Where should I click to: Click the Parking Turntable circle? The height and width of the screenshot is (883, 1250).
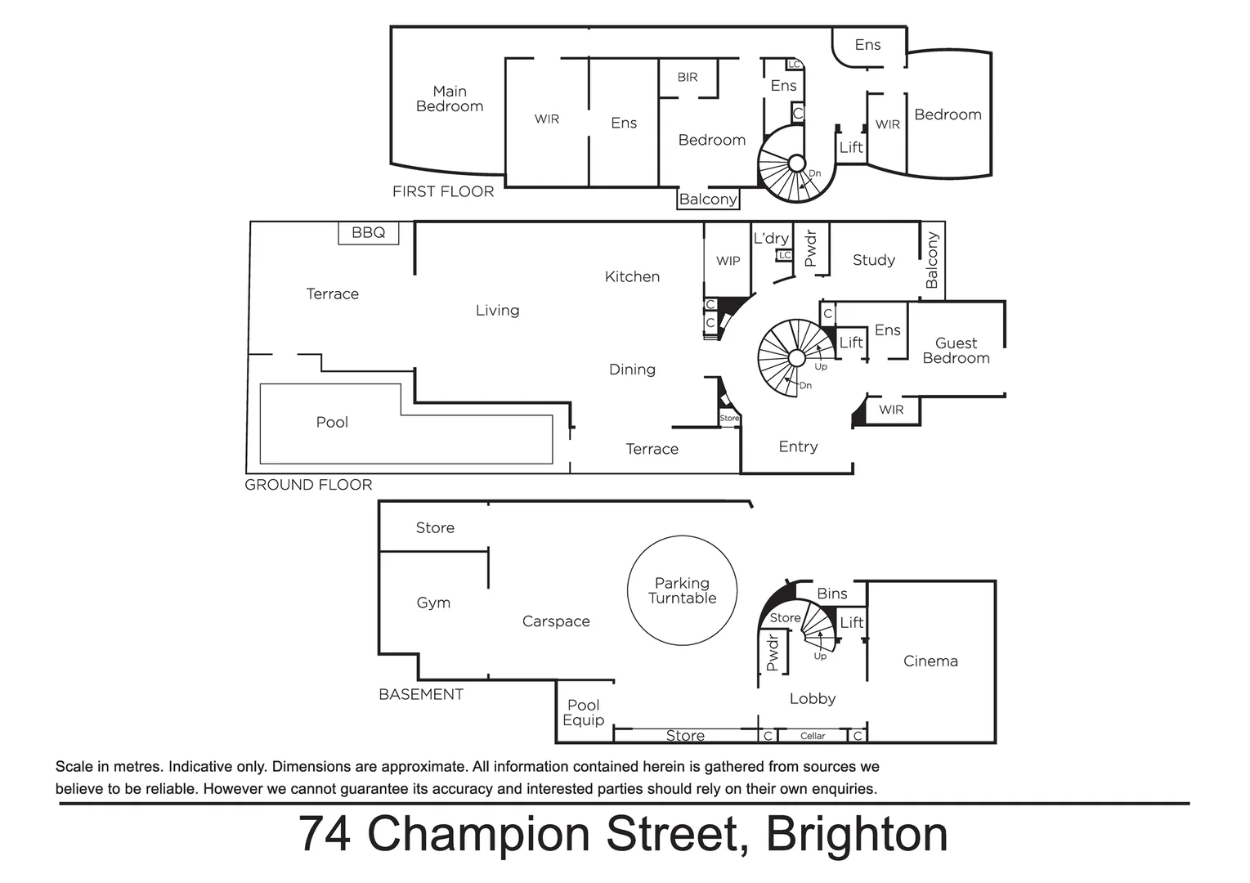682,590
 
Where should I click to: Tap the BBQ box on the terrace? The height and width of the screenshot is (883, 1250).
368,233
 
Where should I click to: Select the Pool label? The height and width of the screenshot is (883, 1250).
332,423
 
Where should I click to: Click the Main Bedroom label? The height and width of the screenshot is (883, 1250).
449,99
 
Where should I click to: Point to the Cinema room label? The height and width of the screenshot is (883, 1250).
930,661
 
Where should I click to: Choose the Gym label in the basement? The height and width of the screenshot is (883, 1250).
433,603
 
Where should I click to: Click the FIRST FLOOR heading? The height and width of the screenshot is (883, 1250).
443,192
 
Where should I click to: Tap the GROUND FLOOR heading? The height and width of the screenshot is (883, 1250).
308,485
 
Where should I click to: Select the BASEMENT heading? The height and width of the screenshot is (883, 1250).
421,695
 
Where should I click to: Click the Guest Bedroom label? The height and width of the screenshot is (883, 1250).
956,351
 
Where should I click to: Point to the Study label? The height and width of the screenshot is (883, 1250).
874,260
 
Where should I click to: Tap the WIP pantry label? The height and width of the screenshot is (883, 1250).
728,261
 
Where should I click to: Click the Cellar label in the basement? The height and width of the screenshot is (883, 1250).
813,736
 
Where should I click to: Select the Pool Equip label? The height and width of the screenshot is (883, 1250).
584,712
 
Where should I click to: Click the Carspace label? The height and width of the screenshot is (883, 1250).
556,621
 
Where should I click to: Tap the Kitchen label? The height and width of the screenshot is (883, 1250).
632,277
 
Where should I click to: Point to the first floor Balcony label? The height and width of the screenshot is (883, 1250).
708,199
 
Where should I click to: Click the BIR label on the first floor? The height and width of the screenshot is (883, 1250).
688,78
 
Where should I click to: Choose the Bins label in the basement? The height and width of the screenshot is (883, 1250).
832,594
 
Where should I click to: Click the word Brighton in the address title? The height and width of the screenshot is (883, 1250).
857,835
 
